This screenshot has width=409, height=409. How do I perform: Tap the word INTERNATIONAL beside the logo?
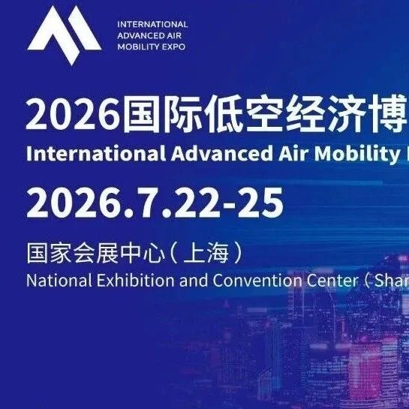[x=152, y=25]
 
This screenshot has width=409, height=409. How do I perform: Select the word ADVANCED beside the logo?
[x=137, y=36]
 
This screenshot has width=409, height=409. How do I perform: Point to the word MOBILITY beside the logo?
[x=138, y=47]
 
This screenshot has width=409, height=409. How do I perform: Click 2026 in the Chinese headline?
[x=74, y=115]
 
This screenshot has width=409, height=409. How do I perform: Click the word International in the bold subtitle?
[x=96, y=153]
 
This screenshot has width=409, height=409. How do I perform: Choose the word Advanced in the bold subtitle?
[x=222, y=153]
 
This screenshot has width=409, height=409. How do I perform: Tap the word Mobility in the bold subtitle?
[x=356, y=155]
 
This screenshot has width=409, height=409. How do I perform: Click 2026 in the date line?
[x=71, y=203]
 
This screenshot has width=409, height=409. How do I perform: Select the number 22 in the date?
[x=196, y=203]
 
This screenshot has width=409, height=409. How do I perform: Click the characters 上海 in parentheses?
[x=206, y=253]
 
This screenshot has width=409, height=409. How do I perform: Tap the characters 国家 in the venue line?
[x=50, y=253]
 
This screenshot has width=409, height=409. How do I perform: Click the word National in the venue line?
[x=59, y=281]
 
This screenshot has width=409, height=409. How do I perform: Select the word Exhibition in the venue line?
[x=135, y=281]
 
